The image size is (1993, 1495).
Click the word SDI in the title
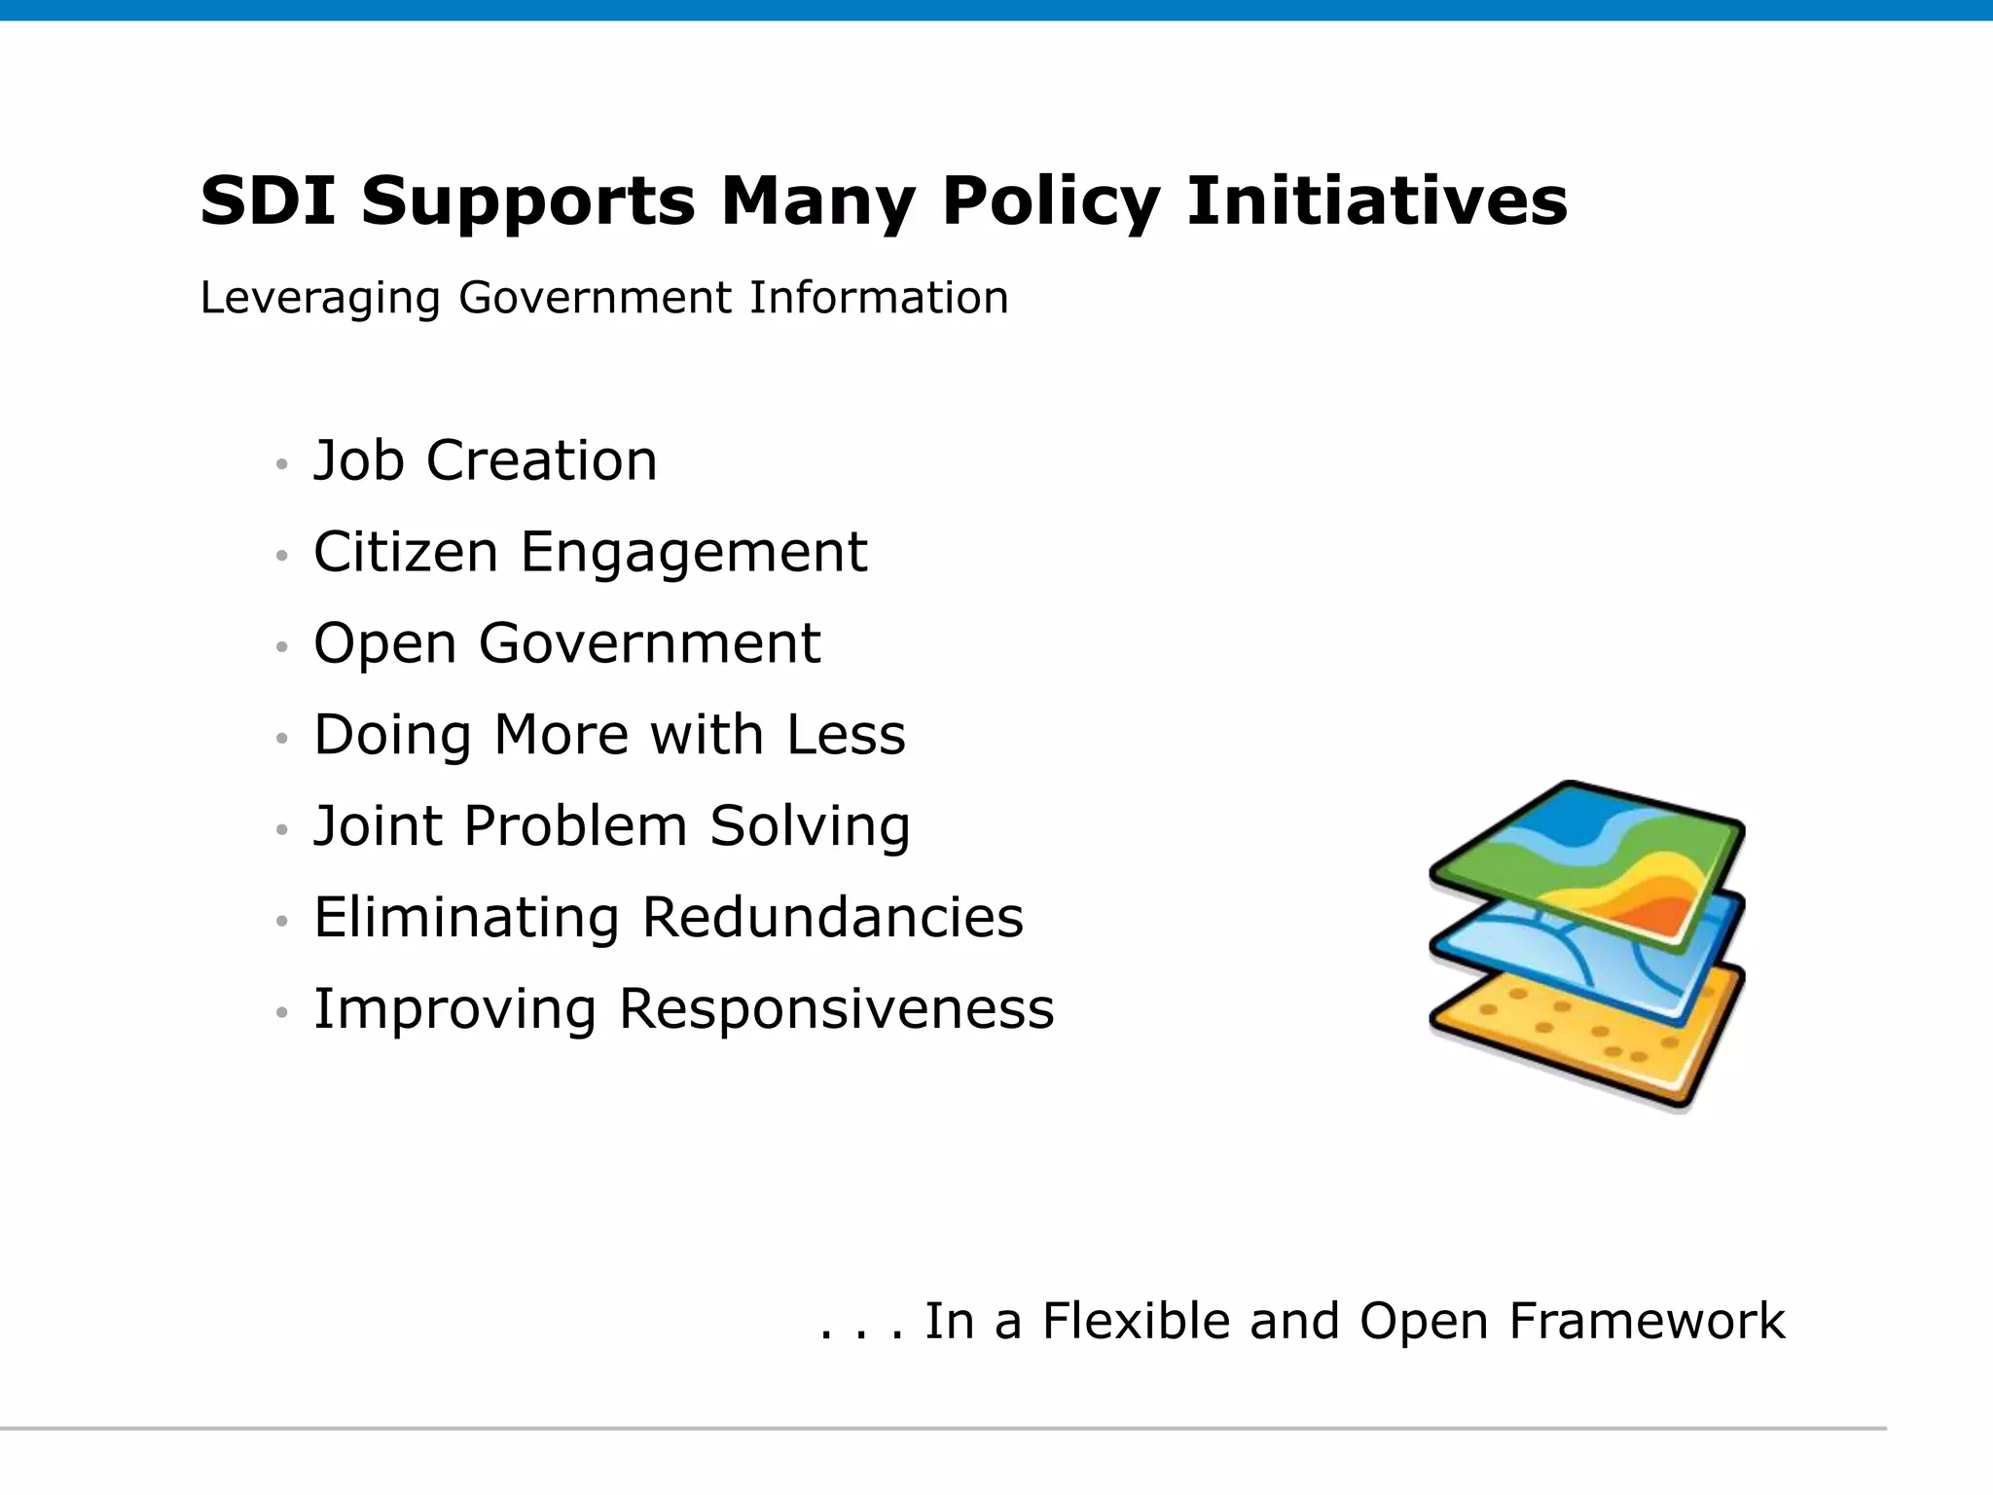(x=268, y=201)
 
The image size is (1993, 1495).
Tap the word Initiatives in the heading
(x=1376, y=201)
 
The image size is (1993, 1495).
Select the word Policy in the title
(x=1050, y=201)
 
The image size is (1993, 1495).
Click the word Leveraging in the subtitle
(x=320, y=298)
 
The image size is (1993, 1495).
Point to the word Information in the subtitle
(x=878, y=298)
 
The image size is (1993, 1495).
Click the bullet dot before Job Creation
(x=282, y=464)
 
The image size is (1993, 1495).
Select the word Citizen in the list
(x=405, y=552)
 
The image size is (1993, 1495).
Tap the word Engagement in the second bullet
(x=693, y=552)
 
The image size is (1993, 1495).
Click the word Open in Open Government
(x=384, y=644)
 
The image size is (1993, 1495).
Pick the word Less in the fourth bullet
(x=846, y=735)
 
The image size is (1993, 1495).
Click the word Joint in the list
(x=378, y=826)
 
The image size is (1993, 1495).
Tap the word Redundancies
(x=832, y=918)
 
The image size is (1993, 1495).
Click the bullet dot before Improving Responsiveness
(x=282, y=1013)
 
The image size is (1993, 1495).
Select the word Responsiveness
(x=836, y=1009)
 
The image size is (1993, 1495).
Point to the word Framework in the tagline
(x=1646, y=1322)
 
